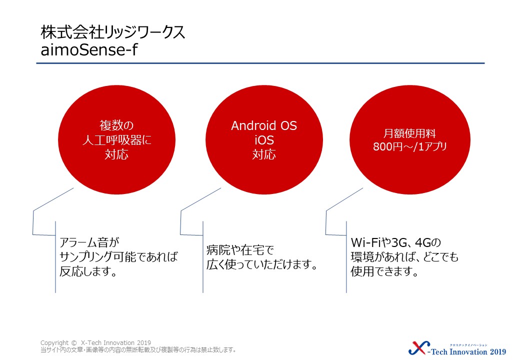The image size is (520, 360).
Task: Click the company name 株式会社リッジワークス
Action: (x=113, y=33)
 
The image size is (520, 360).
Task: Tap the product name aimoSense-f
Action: (x=89, y=50)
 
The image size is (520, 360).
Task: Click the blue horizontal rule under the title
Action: (x=260, y=63)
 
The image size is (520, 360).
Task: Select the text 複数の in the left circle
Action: (x=116, y=125)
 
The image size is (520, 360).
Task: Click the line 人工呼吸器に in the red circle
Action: (x=116, y=140)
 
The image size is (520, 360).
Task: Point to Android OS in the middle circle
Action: (x=264, y=125)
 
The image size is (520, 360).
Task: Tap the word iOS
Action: (x=264, y=140)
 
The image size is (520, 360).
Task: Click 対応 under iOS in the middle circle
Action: (x=264, y=154)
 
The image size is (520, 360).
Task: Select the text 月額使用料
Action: (x=409, y=133)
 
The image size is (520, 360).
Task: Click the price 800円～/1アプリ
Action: (x=410, y=146)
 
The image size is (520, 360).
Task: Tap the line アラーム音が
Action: (x=89, y=242)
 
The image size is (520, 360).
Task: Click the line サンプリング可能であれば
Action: (x=118, y=257)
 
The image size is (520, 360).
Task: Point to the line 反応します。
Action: (x=88, y=271)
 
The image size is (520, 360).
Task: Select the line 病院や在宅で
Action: (x=240, y=250)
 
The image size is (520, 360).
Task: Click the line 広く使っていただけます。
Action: (x=262, y=264)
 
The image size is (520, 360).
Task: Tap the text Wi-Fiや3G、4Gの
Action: (x=396, y=242)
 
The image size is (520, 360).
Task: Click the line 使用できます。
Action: (x=384, y=271)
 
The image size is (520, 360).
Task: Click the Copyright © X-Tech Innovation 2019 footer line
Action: (x=95, y=343)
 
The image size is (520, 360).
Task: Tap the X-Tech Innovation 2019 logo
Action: (x=457, y=349)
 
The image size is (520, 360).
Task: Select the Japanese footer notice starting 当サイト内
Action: (x=138, y=349)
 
